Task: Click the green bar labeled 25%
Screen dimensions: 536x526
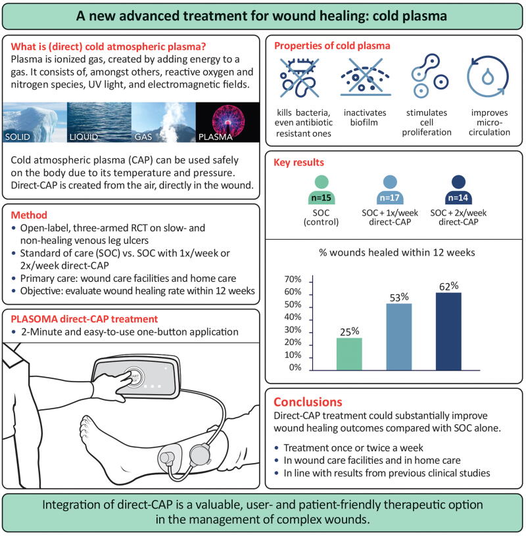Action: (348, 353)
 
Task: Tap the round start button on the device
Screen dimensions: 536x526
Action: (136, 363)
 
